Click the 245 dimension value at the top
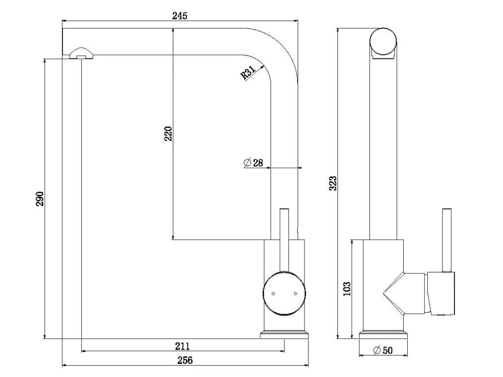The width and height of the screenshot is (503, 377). [179, 15]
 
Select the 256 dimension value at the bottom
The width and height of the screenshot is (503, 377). [185, 360]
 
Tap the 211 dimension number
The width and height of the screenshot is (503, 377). [182, 346]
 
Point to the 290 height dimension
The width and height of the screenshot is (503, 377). [39, 199]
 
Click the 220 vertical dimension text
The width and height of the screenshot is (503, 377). [168, 134]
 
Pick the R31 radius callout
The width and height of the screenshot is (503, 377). [248, 73]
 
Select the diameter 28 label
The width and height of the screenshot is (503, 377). [253, 163]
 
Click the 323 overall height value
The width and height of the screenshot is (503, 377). [333, 183]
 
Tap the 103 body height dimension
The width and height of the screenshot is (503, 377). [347, 289]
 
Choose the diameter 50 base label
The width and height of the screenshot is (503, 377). [383, 350]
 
